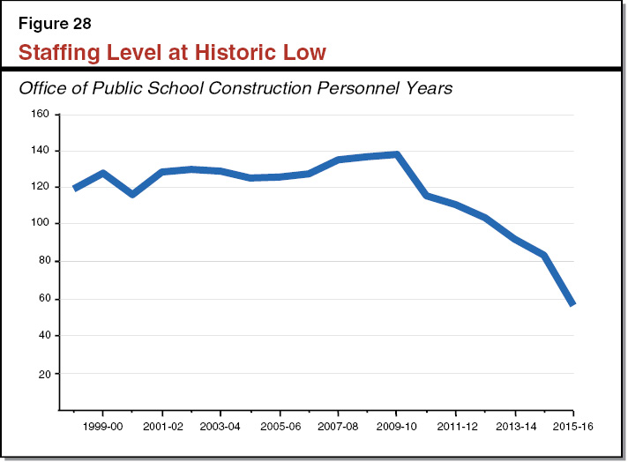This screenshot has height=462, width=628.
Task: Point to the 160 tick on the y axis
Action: point(41,114)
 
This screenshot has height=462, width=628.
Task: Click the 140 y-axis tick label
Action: point(41,151)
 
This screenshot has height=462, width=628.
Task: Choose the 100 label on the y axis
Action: point(41,224)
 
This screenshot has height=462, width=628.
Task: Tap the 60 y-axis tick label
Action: point(43,299)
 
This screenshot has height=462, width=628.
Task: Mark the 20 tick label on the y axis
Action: point(43,374)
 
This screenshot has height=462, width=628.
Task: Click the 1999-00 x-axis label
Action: point(103,425)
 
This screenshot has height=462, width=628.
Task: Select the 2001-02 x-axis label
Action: point(162,425)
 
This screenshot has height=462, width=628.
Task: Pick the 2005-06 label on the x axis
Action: point(280,425)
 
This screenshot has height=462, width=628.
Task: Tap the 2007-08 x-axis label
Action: point(339,425)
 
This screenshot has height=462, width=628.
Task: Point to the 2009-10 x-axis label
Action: point(397,425)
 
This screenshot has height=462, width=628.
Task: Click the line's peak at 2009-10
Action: point(397,155)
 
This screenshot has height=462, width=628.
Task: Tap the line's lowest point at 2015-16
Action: point(572,303)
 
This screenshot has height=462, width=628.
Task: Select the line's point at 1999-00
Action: point(103,174)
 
